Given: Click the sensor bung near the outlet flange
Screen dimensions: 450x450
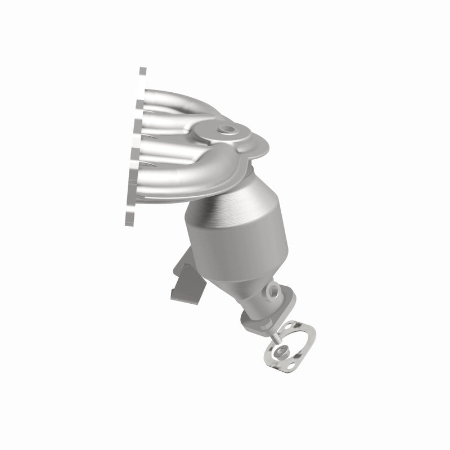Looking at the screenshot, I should pyautogui.click(x=274, y=292).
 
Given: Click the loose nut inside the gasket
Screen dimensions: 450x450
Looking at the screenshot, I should pyautogui.click(x=282, y=353).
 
